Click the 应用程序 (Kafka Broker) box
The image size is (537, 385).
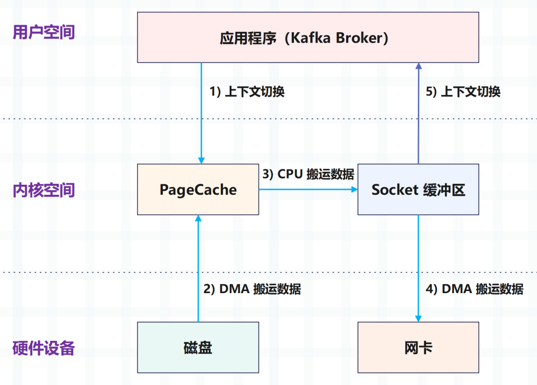308,37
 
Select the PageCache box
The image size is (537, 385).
198,189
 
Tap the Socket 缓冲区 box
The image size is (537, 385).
418,189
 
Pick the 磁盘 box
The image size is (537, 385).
198,347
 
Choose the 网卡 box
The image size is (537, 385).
418,347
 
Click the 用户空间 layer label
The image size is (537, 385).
44,32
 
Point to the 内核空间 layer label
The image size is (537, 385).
44,190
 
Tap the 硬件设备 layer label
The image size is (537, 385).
44,348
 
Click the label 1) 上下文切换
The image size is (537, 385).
247,92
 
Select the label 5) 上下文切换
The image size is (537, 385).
463,92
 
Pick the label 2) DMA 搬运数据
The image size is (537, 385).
252,289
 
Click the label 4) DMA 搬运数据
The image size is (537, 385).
474,289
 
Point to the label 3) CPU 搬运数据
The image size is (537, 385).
308,174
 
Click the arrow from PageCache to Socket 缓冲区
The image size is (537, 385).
308,189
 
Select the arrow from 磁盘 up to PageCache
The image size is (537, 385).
198,269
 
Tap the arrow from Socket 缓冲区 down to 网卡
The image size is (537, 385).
418,269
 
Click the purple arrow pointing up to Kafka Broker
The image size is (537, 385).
419,113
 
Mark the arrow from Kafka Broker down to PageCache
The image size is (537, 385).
201,113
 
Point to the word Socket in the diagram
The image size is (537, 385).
395,190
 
